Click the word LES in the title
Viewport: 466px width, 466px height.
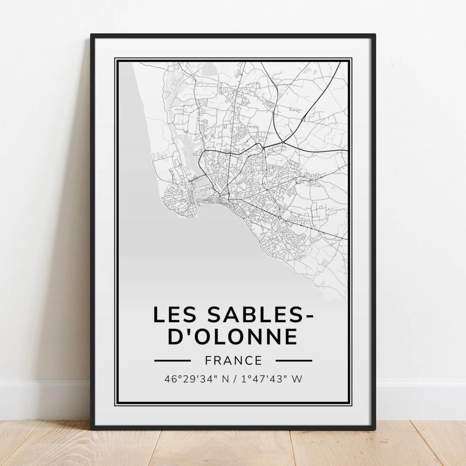tap(175, 315)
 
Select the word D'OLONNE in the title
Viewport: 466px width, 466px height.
tap(233, 337)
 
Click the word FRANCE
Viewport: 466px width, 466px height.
tap(233, 360)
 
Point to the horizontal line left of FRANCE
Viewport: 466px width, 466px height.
tap(172, 360)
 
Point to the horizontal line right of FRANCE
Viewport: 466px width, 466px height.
tap(293, 360)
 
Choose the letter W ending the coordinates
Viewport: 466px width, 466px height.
tap(297, 379)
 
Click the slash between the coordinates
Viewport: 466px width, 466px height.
tap(236, 379)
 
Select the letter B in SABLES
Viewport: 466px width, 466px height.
tap(239, 315)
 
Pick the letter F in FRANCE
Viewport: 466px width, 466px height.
tap(208, 360)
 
